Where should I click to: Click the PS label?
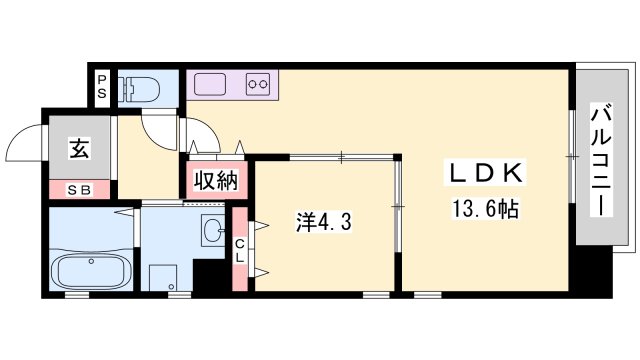102,86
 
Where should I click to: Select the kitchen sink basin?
210,84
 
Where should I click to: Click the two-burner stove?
258,84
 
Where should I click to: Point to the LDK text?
486,173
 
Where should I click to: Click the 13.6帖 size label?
485,209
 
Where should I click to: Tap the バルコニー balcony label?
602,160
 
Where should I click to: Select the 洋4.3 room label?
323,223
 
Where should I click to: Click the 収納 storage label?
216,180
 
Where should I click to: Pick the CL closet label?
240,251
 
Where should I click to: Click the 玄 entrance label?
79,148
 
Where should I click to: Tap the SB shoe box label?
80,190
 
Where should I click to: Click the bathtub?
93,271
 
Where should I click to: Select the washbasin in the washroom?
213,229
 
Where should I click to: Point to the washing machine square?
163,278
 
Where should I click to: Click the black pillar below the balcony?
594,269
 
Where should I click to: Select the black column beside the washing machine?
209,275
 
